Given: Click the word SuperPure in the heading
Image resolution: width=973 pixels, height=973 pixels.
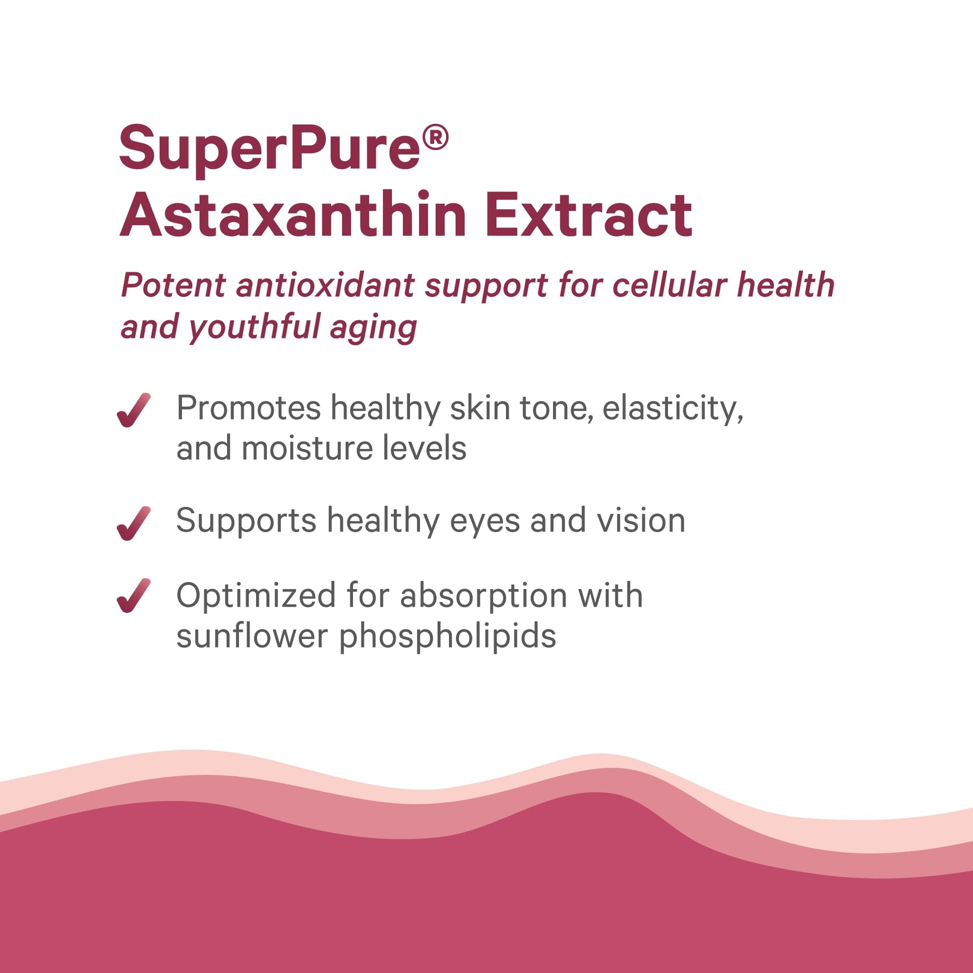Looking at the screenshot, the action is pyautogui.click(x=269, y=149).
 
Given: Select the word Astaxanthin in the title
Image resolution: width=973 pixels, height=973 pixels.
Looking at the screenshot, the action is pyautogui.click(x=292, y=214).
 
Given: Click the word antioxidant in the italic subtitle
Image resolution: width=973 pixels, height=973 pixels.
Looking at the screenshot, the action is pyautogui.click(x=325, y=285).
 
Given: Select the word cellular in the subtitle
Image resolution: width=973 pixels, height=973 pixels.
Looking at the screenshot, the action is pyautogui.click(x=669, y=285).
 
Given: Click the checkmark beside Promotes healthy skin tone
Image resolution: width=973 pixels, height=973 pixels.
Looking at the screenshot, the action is pyautogui.click(x=133, y=410).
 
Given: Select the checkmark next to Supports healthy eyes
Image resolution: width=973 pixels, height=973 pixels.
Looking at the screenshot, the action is pyautogui.click(x=133, y=523).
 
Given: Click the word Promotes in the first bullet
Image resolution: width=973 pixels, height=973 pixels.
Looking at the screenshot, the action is pyautogui.click(x=249, y=408).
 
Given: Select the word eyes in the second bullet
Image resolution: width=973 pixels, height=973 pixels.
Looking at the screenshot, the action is pyautogui.click(x=485, y=524).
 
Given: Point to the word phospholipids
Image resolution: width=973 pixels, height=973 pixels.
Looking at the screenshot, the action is pyautogui.click(x=447, y=637).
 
